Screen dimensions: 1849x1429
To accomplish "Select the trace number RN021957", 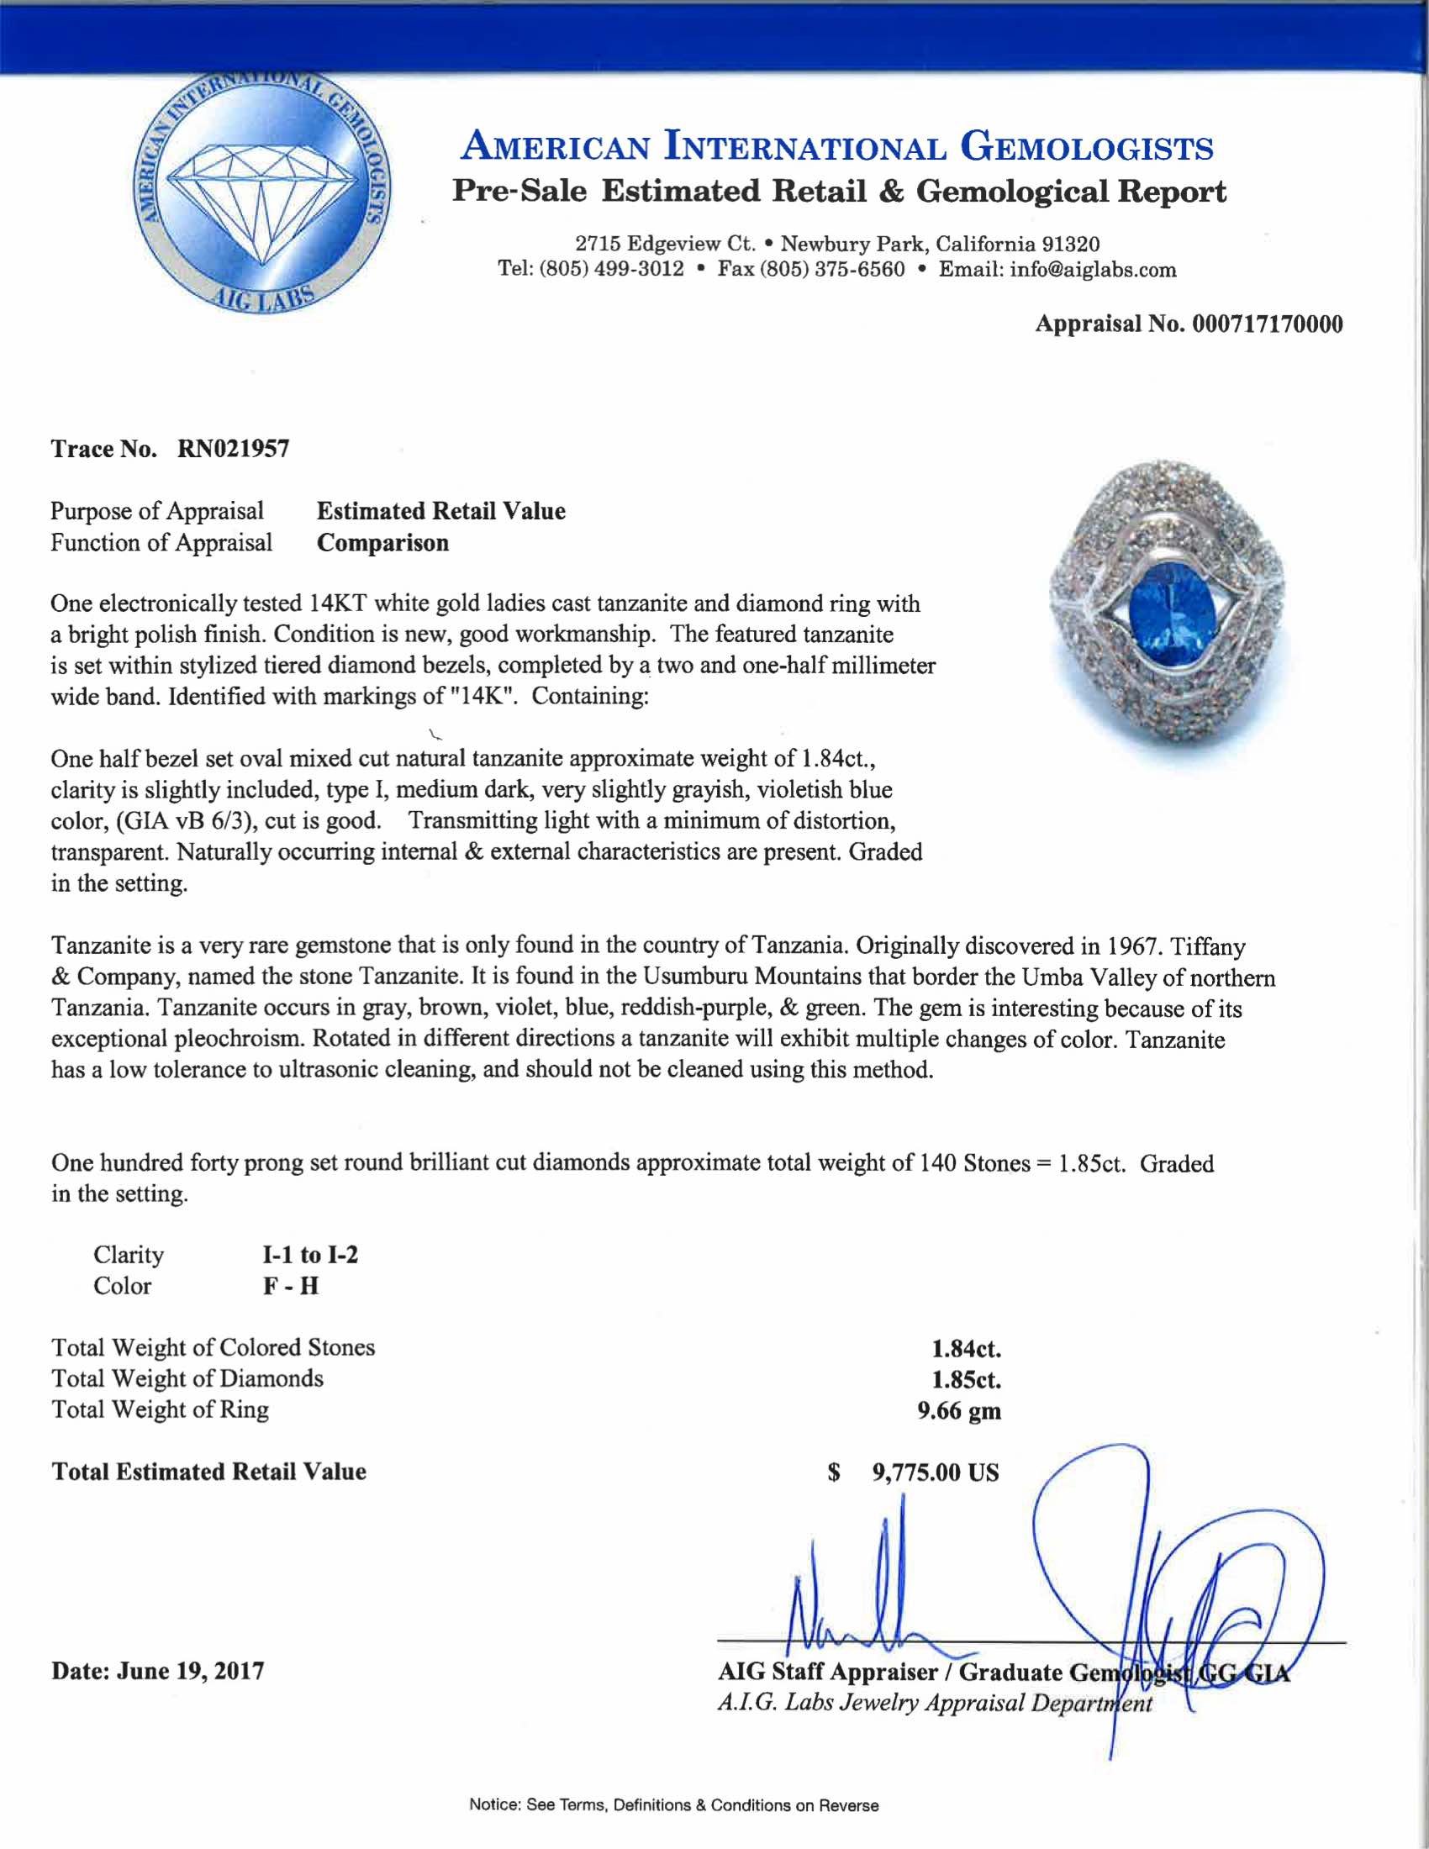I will (233, 449).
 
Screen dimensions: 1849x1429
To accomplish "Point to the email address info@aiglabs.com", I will (1092, 270).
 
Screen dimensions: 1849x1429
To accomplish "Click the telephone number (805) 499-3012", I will (611, 270).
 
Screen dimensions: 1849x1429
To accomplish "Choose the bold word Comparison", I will (382, 543).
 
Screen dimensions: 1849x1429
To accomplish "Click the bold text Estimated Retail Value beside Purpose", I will (441, 511).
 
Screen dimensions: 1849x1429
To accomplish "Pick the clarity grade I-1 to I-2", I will (310, 1255).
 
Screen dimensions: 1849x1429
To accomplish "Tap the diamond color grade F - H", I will (290, 1286).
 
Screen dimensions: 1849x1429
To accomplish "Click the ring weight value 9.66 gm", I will (958, 1411).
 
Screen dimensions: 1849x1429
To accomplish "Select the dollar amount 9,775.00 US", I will (936, 1473).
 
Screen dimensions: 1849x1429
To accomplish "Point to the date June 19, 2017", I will (191, 1671).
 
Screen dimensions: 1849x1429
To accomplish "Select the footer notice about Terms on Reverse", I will (674, 1806).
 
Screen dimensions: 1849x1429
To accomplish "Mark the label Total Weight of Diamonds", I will (187, 1379).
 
